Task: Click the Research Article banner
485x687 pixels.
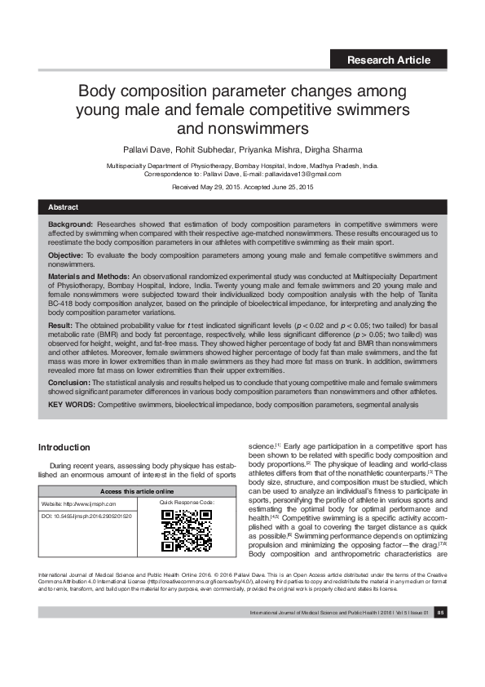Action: (389, 60)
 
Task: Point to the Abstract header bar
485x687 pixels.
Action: (242, 207)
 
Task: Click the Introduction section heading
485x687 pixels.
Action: (76, 448)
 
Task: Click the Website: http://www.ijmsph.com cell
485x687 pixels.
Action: (84, 504)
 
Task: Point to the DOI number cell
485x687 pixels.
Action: (86, 517)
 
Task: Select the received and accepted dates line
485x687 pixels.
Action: (242, 188)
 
